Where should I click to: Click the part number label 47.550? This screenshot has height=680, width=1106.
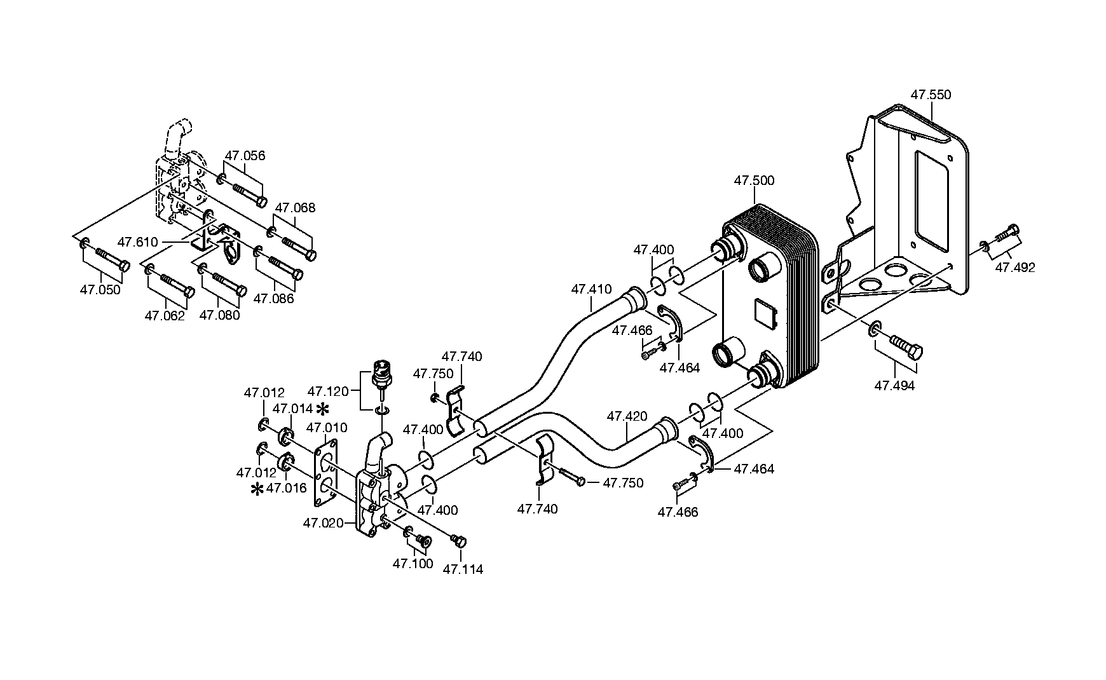pos(931,95)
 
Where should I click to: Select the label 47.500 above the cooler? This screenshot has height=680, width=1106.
pos(754,180)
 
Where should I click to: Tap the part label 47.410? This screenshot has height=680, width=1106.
pos(591,289)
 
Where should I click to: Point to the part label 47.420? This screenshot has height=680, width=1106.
pos(627,416)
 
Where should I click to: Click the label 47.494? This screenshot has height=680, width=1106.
pos(894,385)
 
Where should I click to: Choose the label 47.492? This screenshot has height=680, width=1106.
pos(1015,268)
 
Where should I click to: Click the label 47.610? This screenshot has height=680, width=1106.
pos(138,242)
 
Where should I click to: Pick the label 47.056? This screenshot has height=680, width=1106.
pos(245,156)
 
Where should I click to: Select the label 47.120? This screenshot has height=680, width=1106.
pos(327,391)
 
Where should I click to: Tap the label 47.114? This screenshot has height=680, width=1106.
pos(463,569)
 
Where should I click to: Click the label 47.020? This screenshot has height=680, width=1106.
pos(323,524)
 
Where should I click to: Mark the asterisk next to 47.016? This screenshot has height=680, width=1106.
pos(257,489)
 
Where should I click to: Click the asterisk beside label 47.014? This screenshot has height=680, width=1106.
pos(324,408)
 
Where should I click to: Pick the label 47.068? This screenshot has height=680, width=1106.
pos(295,208)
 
